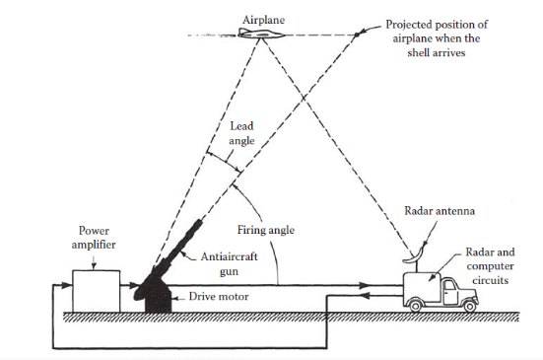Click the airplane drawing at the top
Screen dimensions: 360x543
259,35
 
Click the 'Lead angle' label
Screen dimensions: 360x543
241,134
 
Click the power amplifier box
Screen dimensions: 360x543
96,290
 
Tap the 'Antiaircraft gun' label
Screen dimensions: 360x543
225,261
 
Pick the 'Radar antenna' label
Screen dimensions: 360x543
437,211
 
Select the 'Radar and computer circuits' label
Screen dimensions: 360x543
490,264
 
